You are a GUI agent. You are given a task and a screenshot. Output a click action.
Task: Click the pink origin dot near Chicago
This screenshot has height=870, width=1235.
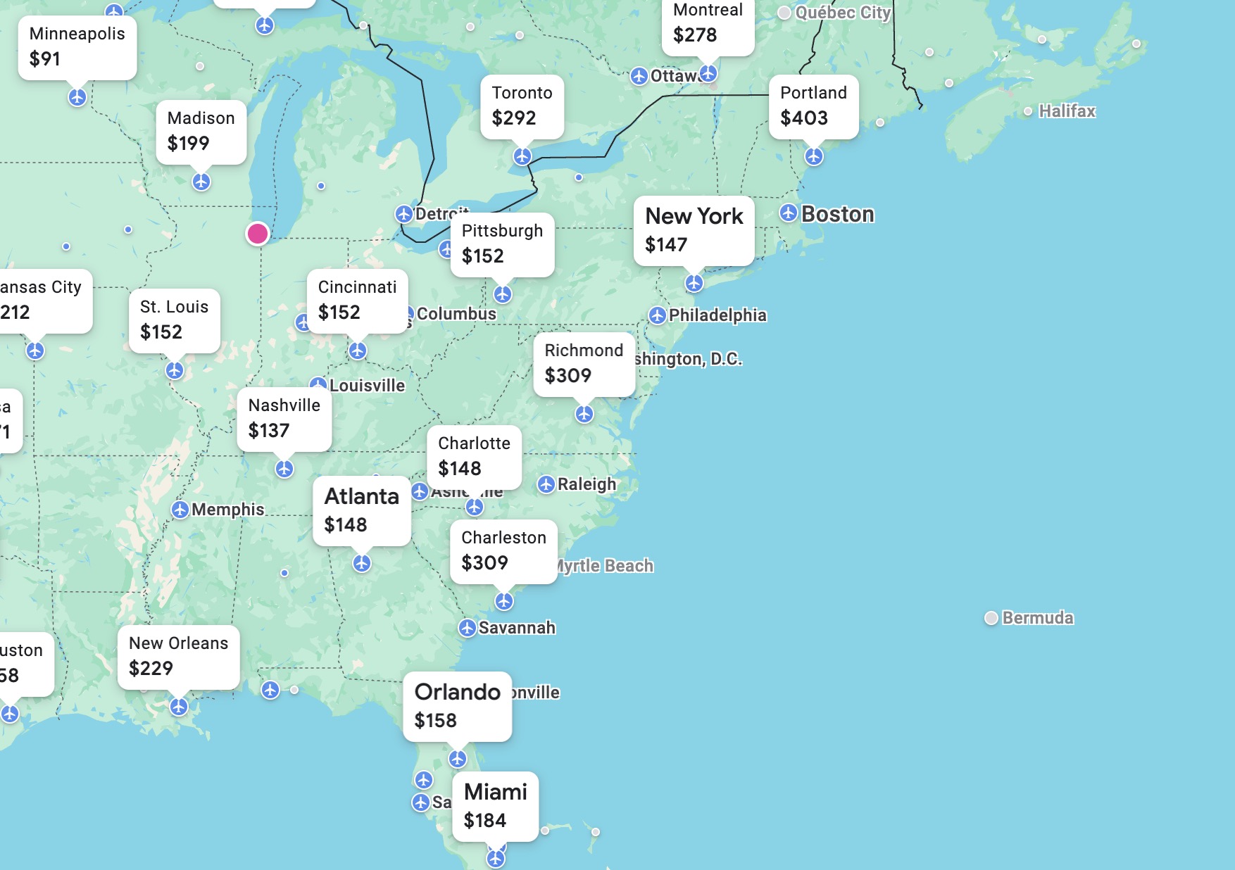[258, 233]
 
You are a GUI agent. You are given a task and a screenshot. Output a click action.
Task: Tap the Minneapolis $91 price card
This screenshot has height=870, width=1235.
[77, 46]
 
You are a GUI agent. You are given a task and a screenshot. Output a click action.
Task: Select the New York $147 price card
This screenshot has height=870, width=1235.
[694, 230]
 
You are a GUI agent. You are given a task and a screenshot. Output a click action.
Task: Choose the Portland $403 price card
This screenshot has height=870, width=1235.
[813, 106]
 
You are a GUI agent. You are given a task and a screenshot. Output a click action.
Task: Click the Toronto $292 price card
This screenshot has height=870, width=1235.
[522, 106]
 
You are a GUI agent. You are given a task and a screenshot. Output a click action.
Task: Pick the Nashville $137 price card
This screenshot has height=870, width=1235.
[284, 418]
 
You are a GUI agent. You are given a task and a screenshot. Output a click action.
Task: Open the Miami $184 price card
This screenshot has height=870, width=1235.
[495, 806]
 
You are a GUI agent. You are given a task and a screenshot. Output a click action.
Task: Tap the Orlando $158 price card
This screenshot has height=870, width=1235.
[457, 706]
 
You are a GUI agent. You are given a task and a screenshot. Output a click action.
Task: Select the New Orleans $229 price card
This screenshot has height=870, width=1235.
[178, 656]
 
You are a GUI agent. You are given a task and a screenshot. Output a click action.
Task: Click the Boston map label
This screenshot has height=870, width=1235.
[837, 214]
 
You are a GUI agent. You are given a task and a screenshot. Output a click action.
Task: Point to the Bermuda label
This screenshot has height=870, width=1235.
[1037, 618]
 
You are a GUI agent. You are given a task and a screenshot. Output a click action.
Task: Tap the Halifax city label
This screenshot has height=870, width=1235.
[1067, 111]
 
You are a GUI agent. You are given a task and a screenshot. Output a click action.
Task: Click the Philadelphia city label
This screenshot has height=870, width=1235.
[717, 315]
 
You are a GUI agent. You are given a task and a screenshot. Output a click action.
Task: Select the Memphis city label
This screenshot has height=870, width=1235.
[227, 510]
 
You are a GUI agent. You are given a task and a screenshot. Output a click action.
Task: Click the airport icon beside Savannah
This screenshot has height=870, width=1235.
[467, 628]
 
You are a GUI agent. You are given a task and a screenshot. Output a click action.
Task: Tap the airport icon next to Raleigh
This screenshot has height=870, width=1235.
[546, 484]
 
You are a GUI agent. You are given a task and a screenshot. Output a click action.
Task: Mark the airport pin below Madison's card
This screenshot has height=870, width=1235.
[201, 182]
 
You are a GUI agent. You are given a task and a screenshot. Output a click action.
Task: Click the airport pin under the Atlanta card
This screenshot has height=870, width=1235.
[362, 563]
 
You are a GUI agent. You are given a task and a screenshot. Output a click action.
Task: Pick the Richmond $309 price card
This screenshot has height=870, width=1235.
[584, 363]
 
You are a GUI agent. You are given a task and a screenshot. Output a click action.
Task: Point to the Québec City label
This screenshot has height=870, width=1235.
[842, 13]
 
